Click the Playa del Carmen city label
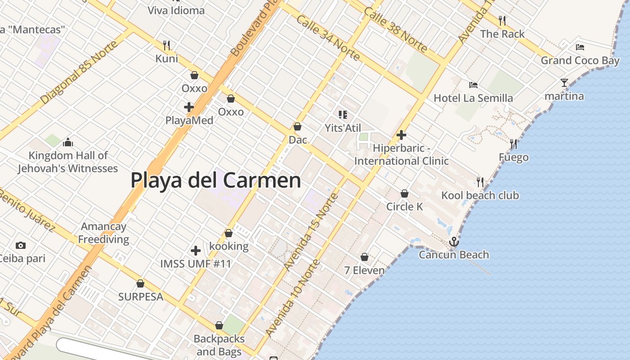coord(216,180)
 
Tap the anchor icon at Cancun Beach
coord(454,242)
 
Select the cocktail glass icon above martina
coord(564,83)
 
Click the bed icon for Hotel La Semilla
coord(473,85)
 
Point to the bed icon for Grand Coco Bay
coord(580,47)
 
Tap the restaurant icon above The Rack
coord(502,21)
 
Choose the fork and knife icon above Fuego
coord(513,144)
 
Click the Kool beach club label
coord(480,195)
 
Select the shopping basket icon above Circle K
coord(405,193)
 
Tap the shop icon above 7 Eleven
coord(364,257)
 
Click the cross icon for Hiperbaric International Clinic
coord(401,135)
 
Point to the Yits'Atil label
coord(343,128)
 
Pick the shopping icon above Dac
coord(297,126)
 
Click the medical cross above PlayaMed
coord(189,107)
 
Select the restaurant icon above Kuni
coord(166,45)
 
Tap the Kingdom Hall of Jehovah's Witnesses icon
coord(68,143)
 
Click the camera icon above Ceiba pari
coord(20,245)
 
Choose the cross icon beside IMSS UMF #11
coord(196,250)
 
